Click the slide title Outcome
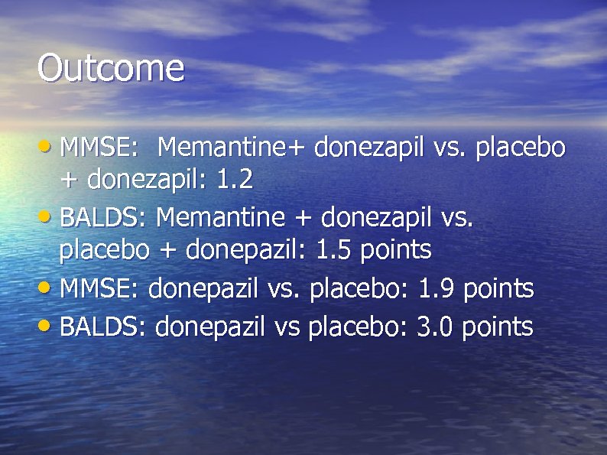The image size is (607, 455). [x=111, y=69]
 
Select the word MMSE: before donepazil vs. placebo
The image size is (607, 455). [x=99, y=289]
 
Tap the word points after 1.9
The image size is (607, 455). [x=498, y=289]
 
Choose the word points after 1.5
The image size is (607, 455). [x=395, y=250]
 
